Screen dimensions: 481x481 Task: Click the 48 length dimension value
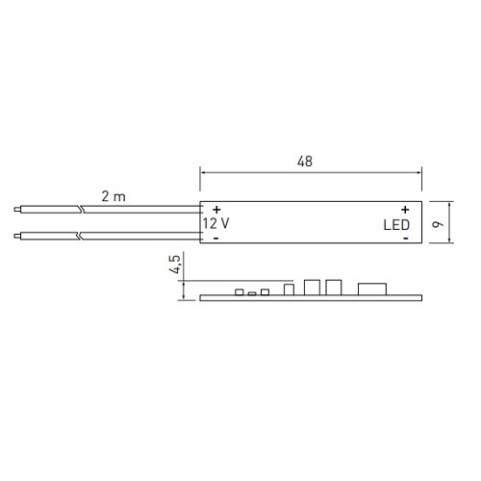[305, 162]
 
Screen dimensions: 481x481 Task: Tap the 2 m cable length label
[114, 196]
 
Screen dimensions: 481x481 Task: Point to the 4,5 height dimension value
[175, 265]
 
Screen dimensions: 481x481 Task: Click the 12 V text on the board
[215, 223]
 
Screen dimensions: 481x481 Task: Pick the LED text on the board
[396, 225]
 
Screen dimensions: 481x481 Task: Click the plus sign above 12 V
[216, 210]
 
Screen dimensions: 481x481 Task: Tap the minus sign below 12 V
[216, 239]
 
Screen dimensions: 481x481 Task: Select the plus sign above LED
[405, 210]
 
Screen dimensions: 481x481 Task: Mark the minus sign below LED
[406, 239]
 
